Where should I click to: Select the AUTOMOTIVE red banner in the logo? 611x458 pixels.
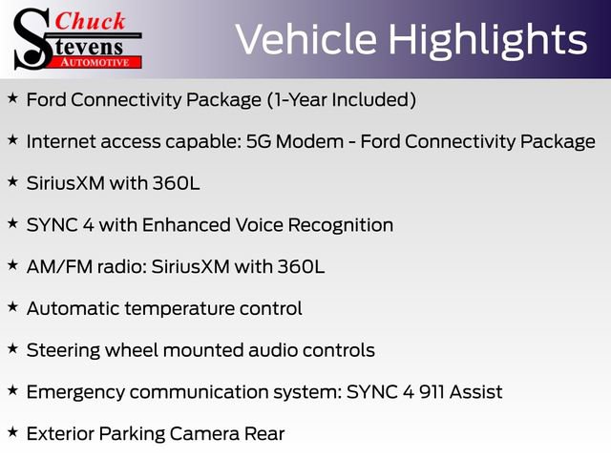click(96, 62)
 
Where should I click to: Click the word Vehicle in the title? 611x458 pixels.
click(305, 40)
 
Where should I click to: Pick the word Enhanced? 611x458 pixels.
click(188, 225)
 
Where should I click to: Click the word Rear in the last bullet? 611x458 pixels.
click(265, 434)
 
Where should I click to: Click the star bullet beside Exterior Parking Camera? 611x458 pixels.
click(12, 432)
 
